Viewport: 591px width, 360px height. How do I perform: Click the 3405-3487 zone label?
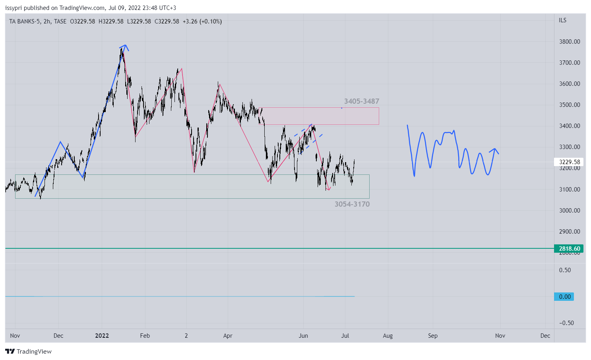[361, 101]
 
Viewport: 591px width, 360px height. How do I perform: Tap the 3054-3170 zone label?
[352, 204]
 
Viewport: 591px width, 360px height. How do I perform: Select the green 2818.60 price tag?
[569, 249]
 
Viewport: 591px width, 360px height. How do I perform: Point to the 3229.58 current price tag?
[569, 162]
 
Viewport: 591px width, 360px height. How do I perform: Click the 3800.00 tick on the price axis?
[569, 42]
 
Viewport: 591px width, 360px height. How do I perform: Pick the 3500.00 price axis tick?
[569, 105]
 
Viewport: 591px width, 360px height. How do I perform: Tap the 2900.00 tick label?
[569, 232]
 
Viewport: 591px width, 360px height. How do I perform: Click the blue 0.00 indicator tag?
[564, 297]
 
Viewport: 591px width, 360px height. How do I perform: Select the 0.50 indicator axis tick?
[565, 270]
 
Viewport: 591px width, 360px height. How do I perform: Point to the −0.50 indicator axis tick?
[566, 323]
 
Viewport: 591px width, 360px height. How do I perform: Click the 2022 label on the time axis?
[102, 336]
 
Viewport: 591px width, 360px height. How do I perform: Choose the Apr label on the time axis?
[228, 336]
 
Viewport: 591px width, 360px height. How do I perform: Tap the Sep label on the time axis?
[433, 336]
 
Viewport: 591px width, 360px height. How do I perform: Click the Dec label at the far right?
[545, 336]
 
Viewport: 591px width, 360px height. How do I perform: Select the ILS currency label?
[562, 20]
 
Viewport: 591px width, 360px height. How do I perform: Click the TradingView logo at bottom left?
[29, 352]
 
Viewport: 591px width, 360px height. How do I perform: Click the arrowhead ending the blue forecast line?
[495, 150]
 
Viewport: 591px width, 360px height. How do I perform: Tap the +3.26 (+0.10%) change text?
[202, 21]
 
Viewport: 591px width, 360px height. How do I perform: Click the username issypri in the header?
[14, 8]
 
